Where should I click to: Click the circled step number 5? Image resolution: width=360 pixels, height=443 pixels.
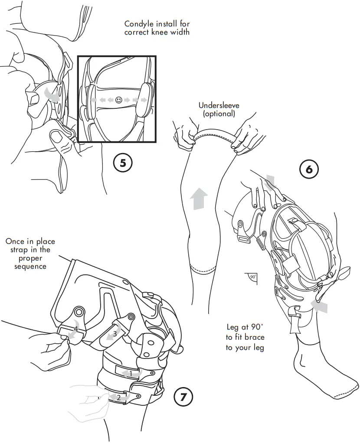coord(122,163)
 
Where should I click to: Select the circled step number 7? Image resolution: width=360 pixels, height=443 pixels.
coord(183,396)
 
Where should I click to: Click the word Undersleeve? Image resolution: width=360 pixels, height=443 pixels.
coord(219,105)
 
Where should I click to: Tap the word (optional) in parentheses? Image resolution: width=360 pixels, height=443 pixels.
coord(219,114)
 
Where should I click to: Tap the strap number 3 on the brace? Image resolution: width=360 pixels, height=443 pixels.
coord(115,334)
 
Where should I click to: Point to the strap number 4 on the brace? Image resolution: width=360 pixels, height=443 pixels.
coord(75,329)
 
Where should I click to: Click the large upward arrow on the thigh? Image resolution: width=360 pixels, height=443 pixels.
coord(198,199)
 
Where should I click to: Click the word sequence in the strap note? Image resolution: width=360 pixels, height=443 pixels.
coord(30,266)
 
